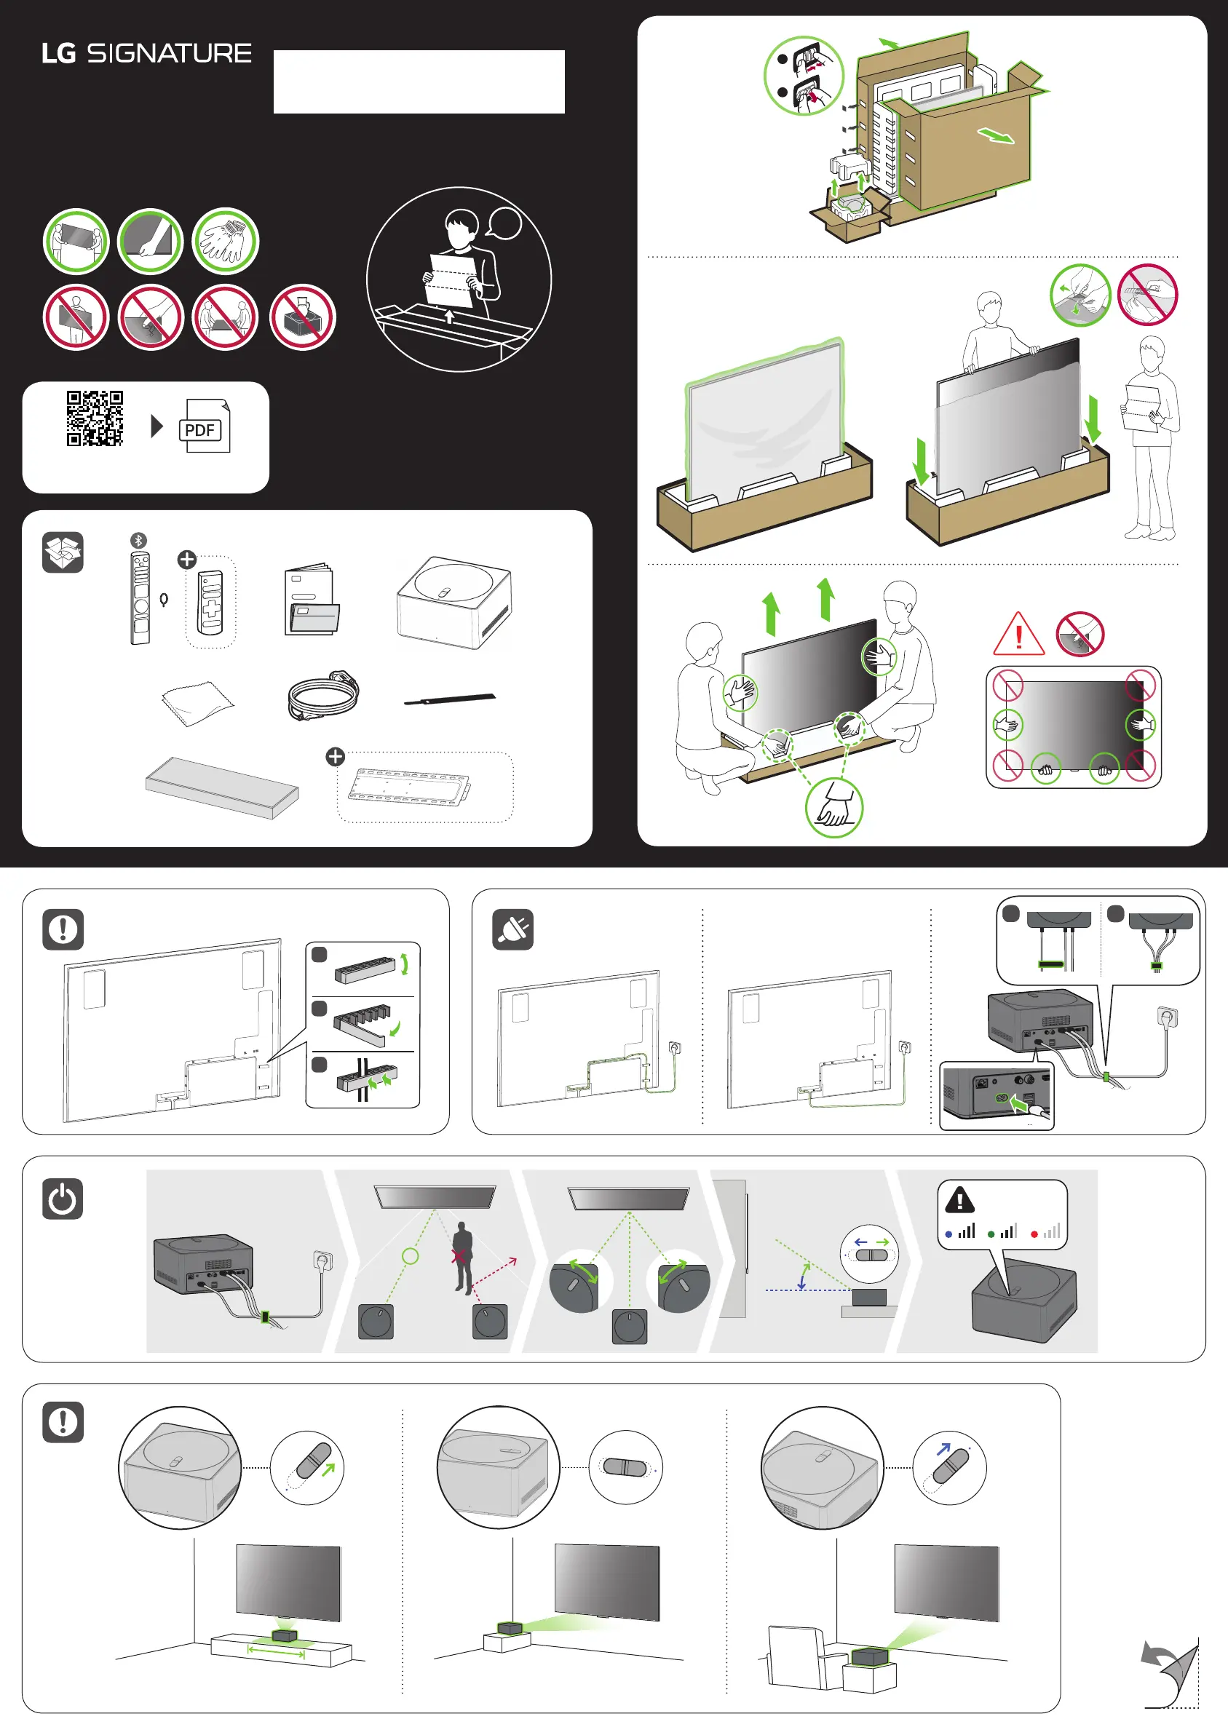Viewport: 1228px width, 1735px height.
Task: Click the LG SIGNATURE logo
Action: pos(147,54)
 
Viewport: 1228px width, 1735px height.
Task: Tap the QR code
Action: pos(95,418)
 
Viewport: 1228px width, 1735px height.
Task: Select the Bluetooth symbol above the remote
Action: pos(138,540)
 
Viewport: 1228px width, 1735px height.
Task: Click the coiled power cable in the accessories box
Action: pos(324,695)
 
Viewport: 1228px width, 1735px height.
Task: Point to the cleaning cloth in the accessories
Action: pos(197,702)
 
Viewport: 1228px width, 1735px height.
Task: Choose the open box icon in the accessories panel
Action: pos(63,552)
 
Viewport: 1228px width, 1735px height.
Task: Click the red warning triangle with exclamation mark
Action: pos(1018,635)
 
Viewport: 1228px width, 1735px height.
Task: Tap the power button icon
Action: pos(63,1198)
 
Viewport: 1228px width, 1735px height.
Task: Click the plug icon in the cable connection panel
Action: pos(512,929)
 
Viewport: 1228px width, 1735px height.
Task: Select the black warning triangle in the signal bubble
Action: pos(959,1200)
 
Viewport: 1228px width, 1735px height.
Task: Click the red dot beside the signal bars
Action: pos(1034,1234)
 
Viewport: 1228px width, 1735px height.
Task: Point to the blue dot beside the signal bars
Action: pos(948,1234)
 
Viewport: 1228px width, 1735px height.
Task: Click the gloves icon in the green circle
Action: pos(226,241)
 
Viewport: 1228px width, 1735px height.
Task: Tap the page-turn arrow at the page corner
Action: pos(1170,1671)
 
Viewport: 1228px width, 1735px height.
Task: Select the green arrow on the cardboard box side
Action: pos(996,136)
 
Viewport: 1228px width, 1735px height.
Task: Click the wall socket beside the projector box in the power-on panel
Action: pos(323,1260)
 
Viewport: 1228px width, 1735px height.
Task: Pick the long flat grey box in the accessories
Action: pos(221,786)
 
